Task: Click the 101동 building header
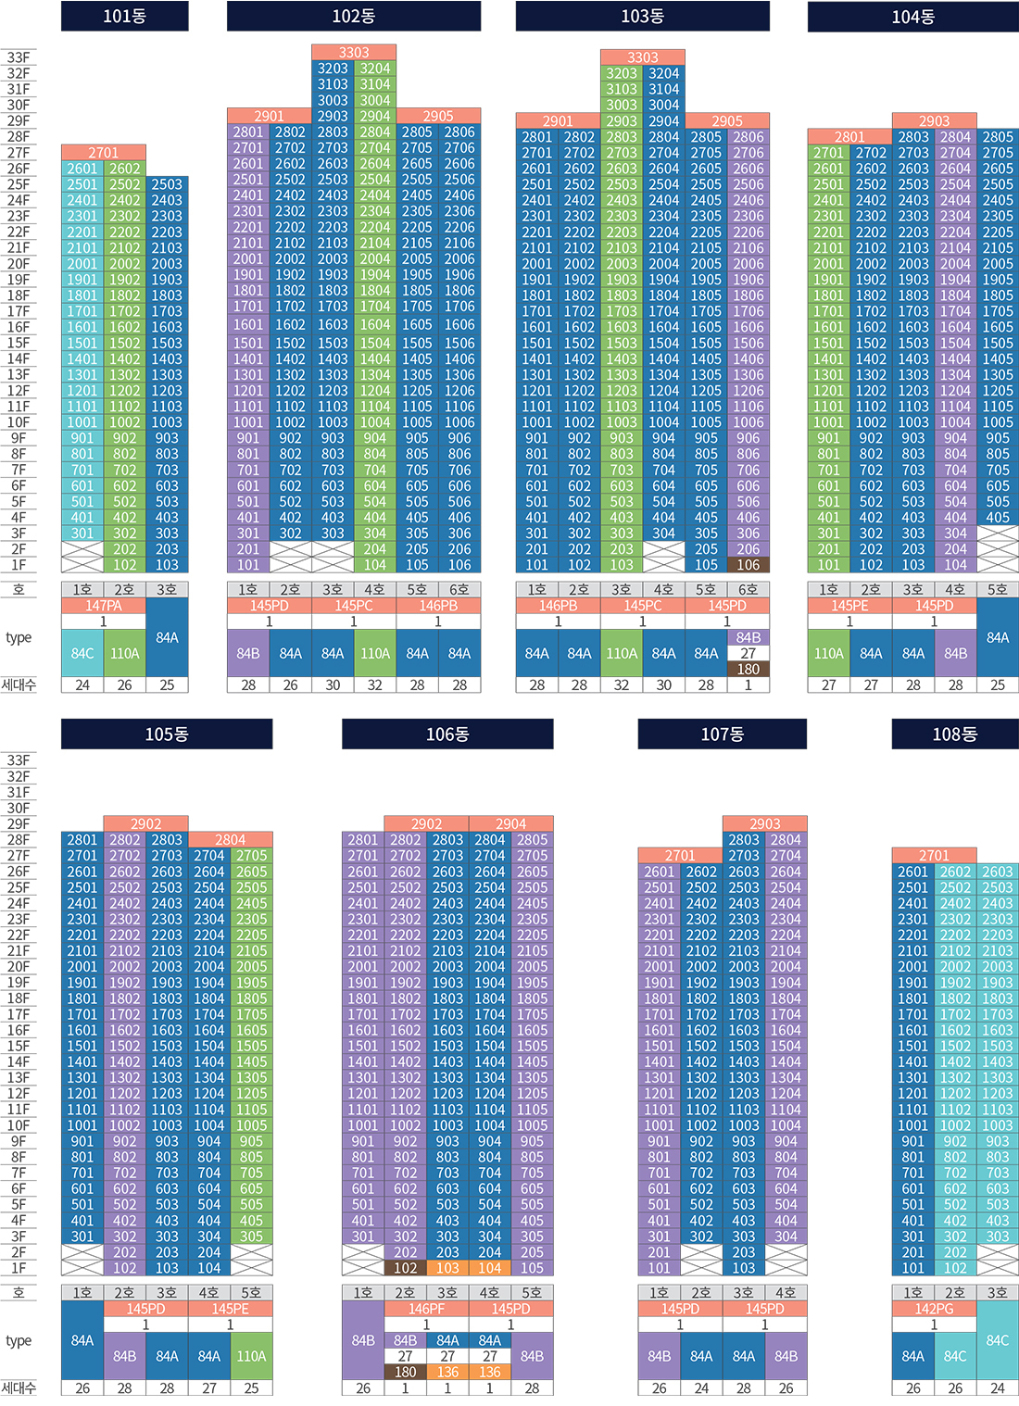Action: pyautogui.click(x=124, y=16)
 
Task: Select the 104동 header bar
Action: pyautogui.click(x=912, y=17)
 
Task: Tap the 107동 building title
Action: pyautogui.click(x=722, y=734)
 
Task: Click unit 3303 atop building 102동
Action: pyautogui.click(x=354, y=53)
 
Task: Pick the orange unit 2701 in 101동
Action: pyautogui.click(x=104, y=153)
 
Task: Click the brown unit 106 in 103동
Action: pyautogui.click(x=749, y=565)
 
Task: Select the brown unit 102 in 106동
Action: pyautogui.click(x=406, y=1268)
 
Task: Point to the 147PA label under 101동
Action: pyautogui.click(x=104, y=606)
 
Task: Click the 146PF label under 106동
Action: pyautogui.click(x=426, y=1309)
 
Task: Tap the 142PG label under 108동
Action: pyautogui.click(x=934, y=1309)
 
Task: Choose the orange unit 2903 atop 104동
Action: pyautogui.click(x=934, y=120)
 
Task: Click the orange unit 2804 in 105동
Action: pyautogui.click(x=231, y=840)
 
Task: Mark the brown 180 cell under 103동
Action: pyautogui.click(x=749, y=669)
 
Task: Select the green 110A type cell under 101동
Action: pyautogui.click(x=125, y=653)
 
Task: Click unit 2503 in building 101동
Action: pyautogui.click(x=167, y=184)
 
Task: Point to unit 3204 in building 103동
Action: pyautogui.click(x=663, y=73)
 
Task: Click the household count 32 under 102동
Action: pyautogui.click(x=375, y=685)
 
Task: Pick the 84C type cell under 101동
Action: pyautogui.click(x=82, y=653)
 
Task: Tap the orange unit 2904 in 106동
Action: pyautogui.click(x=510, y=823)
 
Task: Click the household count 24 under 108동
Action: pyautogui.click(x=998, y=1388)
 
